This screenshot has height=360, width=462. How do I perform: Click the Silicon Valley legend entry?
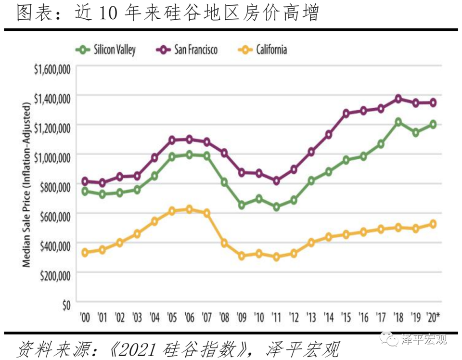pos(105,49)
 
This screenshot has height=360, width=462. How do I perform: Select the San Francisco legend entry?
pos(187,49)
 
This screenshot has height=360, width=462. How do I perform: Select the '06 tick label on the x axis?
pos(189,318)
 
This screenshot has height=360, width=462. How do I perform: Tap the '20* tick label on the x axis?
pos(435,318)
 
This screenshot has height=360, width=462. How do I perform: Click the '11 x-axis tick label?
pos(276,318)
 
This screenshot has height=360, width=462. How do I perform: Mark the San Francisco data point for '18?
pos(398,99)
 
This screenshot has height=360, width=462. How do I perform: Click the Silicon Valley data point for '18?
pos(398,122)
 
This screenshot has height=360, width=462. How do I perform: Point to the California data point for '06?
pos(189,209)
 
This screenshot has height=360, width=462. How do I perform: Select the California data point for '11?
pos(276,257)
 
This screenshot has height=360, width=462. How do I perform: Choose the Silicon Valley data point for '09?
pos(242,205)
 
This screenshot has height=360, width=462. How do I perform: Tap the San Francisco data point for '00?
pos(85,181)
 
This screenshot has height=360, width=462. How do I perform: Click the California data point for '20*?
pos(433,224)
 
